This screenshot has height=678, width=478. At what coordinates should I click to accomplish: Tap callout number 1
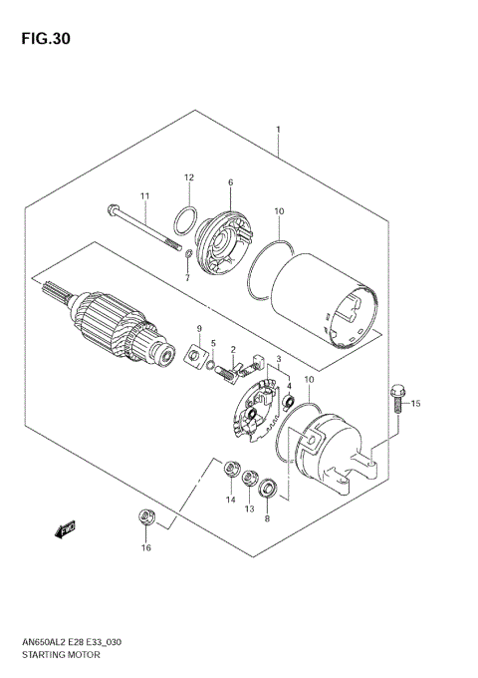278,130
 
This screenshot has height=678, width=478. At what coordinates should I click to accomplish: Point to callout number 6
230,182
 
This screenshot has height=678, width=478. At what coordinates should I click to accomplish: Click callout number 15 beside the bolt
417,403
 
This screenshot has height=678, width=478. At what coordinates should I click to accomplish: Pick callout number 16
145,547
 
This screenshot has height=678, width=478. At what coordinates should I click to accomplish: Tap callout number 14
230,499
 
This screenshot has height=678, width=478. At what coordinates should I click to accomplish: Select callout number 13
249,508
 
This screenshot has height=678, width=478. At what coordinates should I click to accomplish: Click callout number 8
267,518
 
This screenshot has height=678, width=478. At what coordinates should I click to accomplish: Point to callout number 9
198,329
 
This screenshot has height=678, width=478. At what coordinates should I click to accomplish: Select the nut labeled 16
145,516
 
